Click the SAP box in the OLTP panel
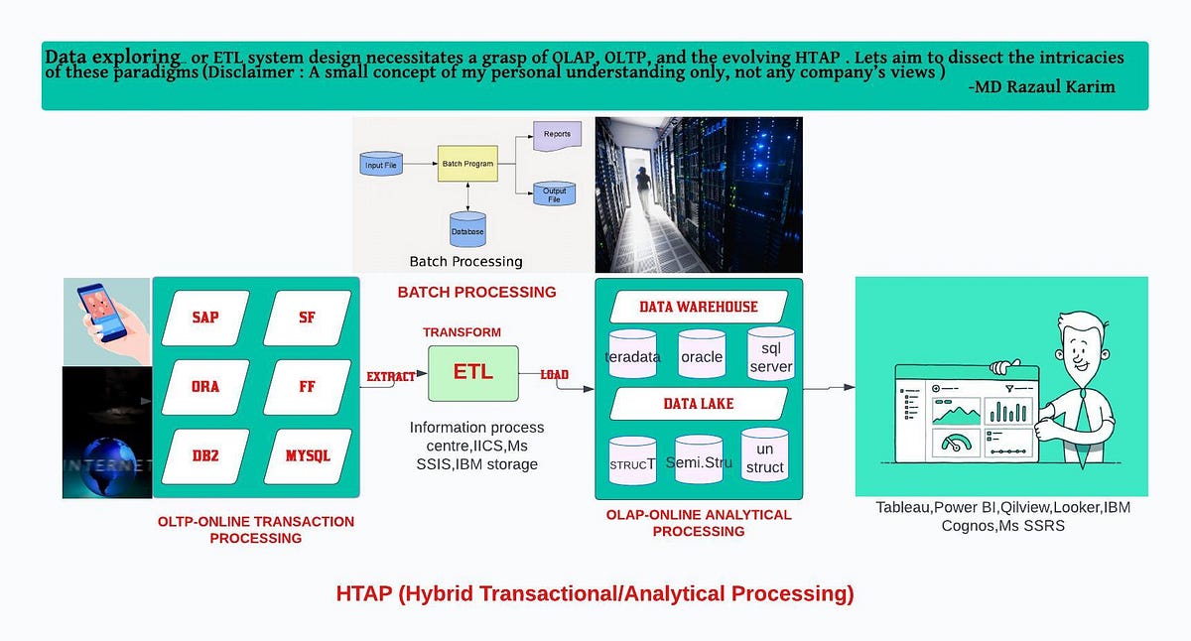click(x=205, y=318)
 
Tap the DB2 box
click(x=205, y=456)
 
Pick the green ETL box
click(x=472, y=373)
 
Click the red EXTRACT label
click(x=391, y=377)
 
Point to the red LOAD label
click(x=554, y=375)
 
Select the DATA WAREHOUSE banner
click(x=699, y=307)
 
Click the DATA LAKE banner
click(x=699, y=404)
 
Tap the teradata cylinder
click(x=632, y=355)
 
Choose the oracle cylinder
click(x=702, y=355)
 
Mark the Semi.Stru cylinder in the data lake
click(x=699, y=460)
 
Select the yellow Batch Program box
click(x=467, y=163)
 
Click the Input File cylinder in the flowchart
click(x=381, y=165)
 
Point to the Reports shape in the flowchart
click(x=557, y=135)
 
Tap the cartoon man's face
click(x=1089, y=346)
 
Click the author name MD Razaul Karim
click(x=1040, y=87)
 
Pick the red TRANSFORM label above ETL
click(x=462, y=332)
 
